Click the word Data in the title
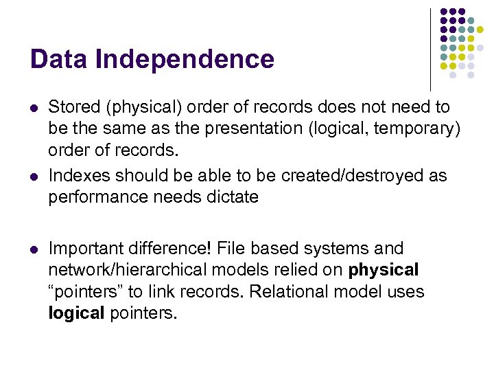[60, 59]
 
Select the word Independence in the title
[185, 59]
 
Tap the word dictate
[230, 197]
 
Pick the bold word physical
[384, 270]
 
